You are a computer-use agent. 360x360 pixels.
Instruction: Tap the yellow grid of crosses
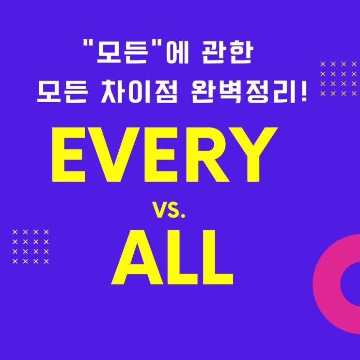coord(340,78)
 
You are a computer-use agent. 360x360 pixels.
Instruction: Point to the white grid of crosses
coord(31,246)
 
